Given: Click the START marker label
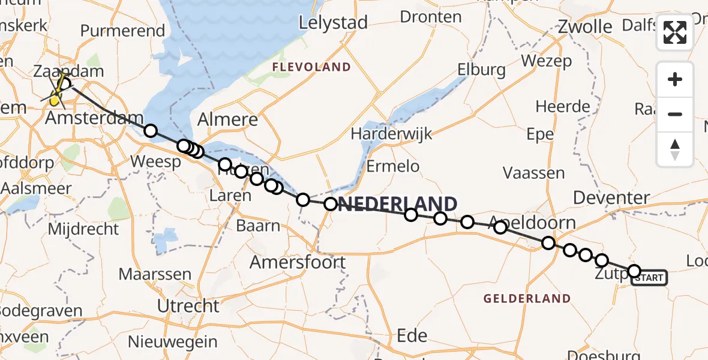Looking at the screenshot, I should tap(649, 278).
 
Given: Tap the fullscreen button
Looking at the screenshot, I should tap(675, 32).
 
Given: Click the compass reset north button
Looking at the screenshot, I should tap(675, 149).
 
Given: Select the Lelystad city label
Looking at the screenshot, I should tap(333, 23).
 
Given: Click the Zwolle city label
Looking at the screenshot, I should tap(584, 26).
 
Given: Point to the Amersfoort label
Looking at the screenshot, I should tap(298, 262).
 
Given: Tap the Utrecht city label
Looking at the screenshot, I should tap(188, 305).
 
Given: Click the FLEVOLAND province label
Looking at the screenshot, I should tap(311, 67).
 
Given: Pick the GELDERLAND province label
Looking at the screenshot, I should tap(527, 298).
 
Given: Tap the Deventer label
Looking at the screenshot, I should tap(611, 197).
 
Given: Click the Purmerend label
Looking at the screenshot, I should tap(122, 31).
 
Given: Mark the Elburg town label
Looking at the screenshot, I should tap(481, 70).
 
